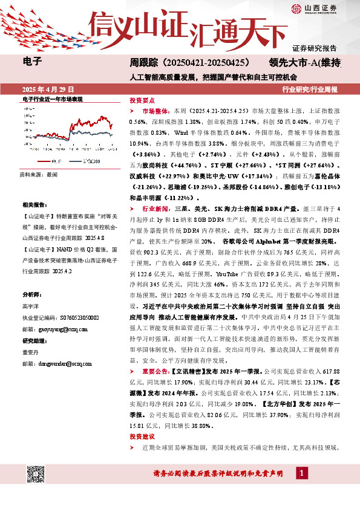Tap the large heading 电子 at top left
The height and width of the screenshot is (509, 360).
click(30, 62)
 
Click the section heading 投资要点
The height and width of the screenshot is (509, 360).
click(142, 100)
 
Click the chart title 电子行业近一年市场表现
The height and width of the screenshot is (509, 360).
click(52, 99)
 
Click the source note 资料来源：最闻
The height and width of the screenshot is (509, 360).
click(39, 174)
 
